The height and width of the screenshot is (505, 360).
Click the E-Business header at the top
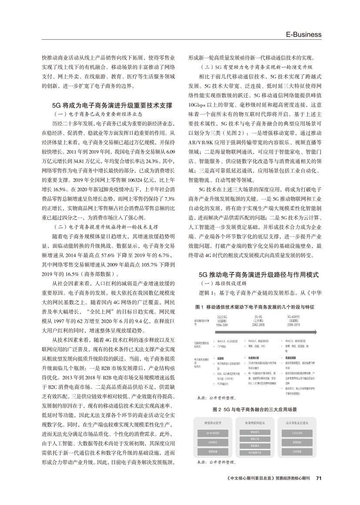pyautogui.click(x=304, y=34)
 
